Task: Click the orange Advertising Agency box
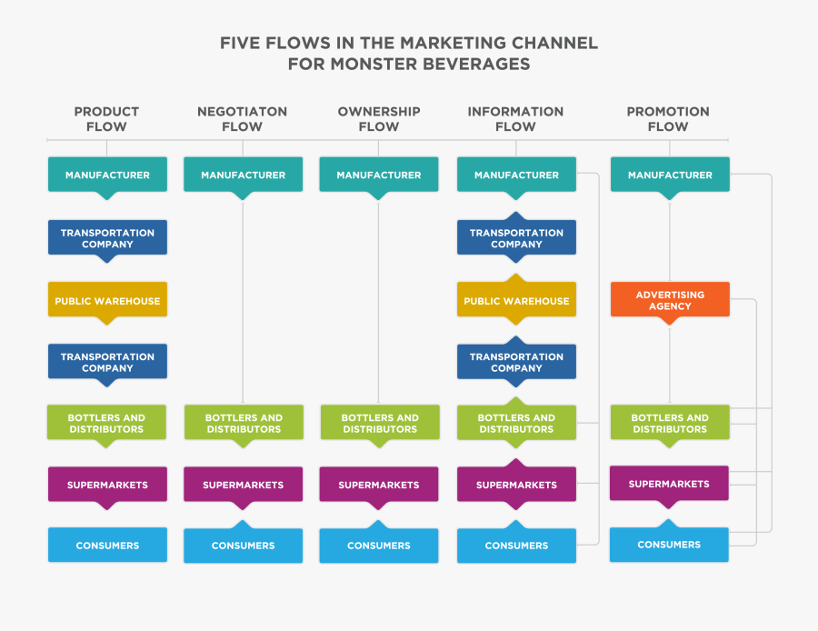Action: (670, 300)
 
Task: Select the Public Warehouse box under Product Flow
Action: (107, 301)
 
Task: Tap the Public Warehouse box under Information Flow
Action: (516, 301)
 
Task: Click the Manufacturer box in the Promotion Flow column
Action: (670, 175)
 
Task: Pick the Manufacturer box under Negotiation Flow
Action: (243, 175)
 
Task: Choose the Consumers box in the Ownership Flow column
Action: (379, 546)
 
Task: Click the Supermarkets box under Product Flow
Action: (107, 484)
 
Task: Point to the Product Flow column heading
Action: (106, 119)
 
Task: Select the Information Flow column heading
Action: (515, 119)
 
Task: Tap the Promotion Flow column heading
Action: (668, 119)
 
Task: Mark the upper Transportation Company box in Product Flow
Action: (107, 238)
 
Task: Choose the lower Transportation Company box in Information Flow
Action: (516, 363)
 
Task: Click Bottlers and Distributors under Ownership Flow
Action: (379, 424)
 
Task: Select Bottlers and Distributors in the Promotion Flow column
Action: (670, 424)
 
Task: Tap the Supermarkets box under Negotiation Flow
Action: (243, 485)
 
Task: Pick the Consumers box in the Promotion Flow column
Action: (669, 545)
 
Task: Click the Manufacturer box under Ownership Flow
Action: (379, 175)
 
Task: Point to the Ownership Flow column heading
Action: (379, 119)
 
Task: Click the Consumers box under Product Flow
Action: (107, 546)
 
